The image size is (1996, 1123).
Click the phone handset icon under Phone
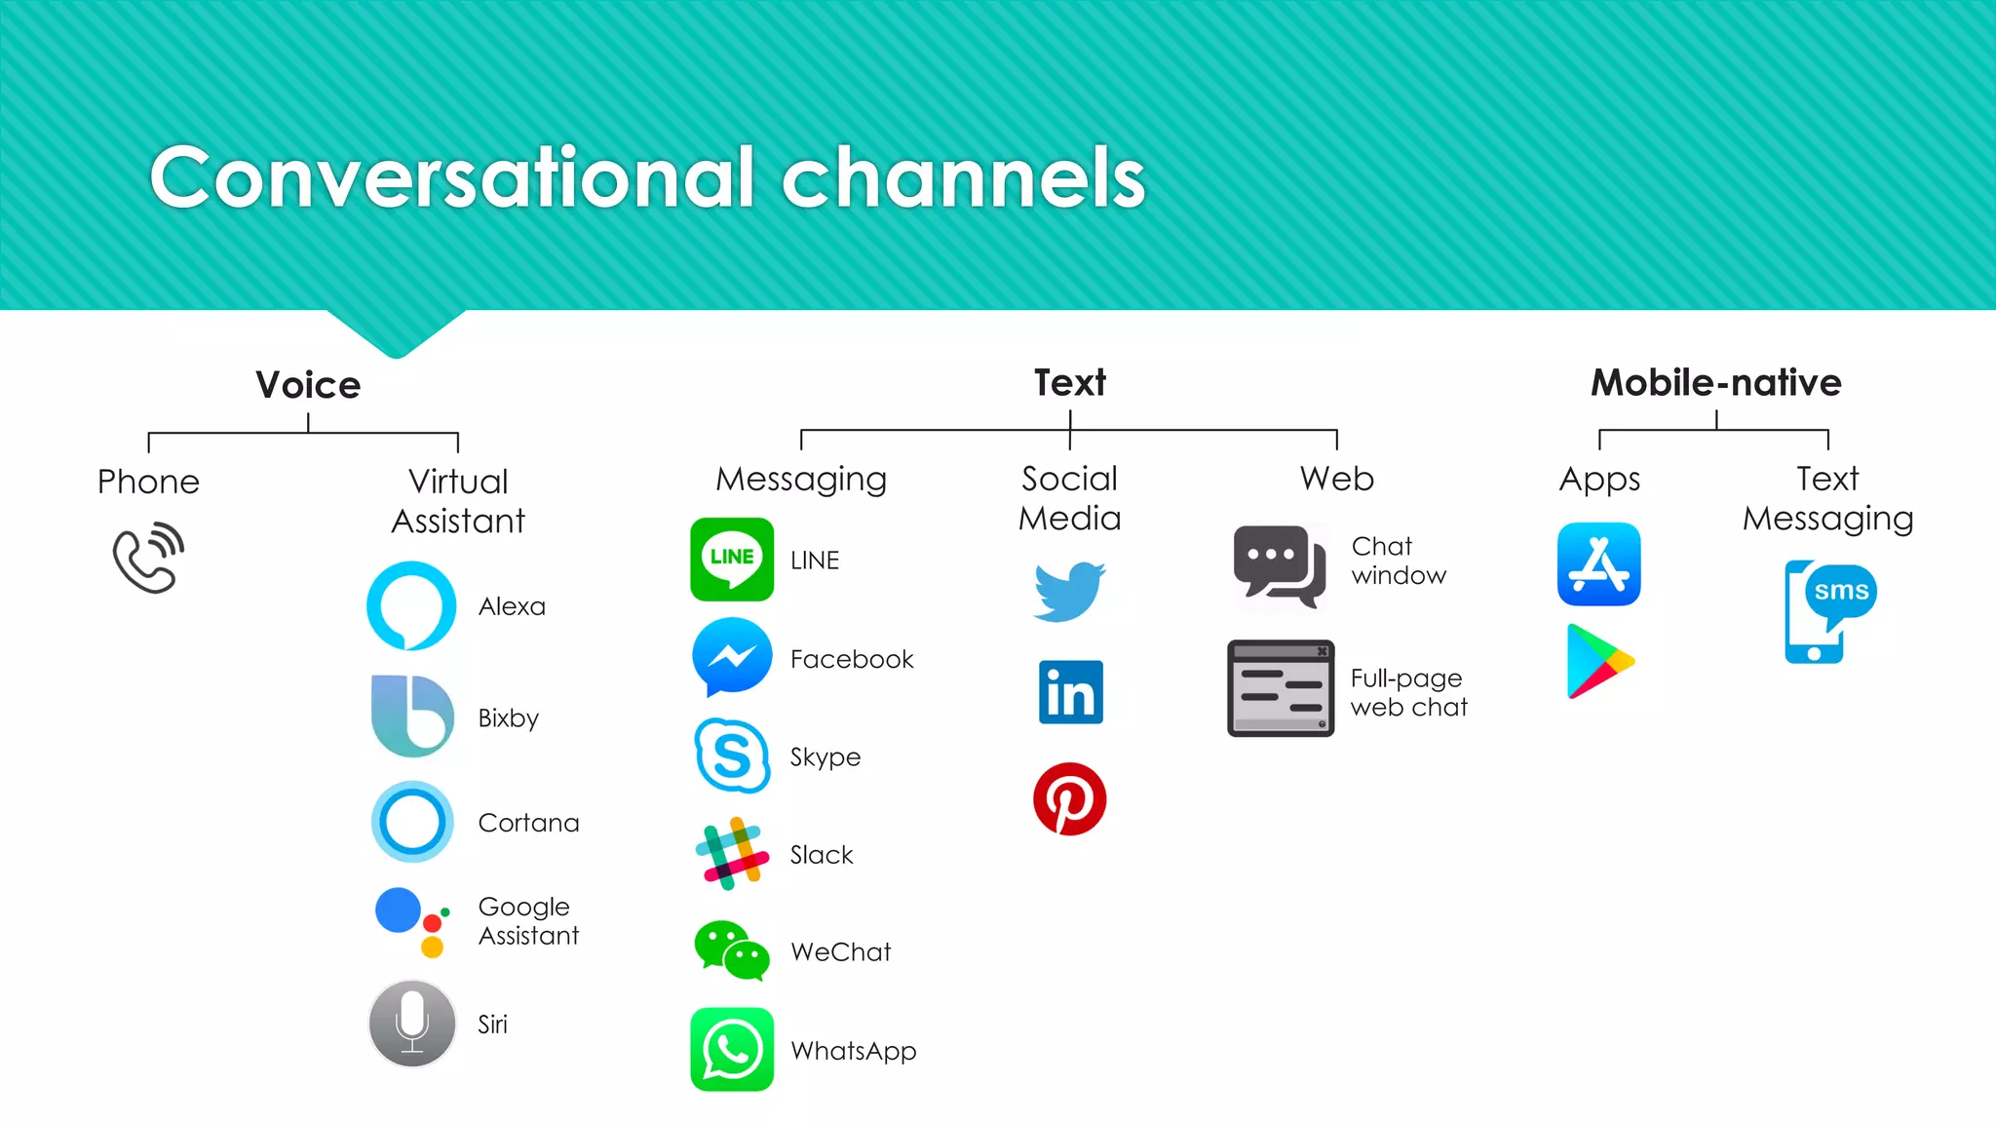pos(148,559)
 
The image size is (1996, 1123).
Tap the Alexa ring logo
pos(411,605)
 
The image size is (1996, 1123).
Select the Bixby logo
pos(412,716)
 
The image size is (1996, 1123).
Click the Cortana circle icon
pos(412,822)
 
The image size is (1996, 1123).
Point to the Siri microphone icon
pos(412,1024)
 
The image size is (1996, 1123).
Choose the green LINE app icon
pos(732,560)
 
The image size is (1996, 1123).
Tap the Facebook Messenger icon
pos(732,657)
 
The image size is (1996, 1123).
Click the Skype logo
pos(732,755)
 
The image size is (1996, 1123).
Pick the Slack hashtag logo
pos(732,853)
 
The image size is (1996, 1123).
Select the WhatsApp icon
pos(732,1050)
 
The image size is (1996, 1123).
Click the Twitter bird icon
pos(1069,591)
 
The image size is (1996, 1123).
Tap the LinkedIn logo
pos(1071,693)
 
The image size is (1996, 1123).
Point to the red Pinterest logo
pos(1070,799)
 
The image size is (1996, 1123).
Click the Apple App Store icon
pos(1598,564)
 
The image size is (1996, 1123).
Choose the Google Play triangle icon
pos(1598,662)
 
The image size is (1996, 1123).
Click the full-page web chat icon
pos(1281,688)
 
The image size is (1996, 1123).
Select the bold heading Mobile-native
pos(1716,382)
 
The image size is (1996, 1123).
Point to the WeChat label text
pos(840,951)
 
